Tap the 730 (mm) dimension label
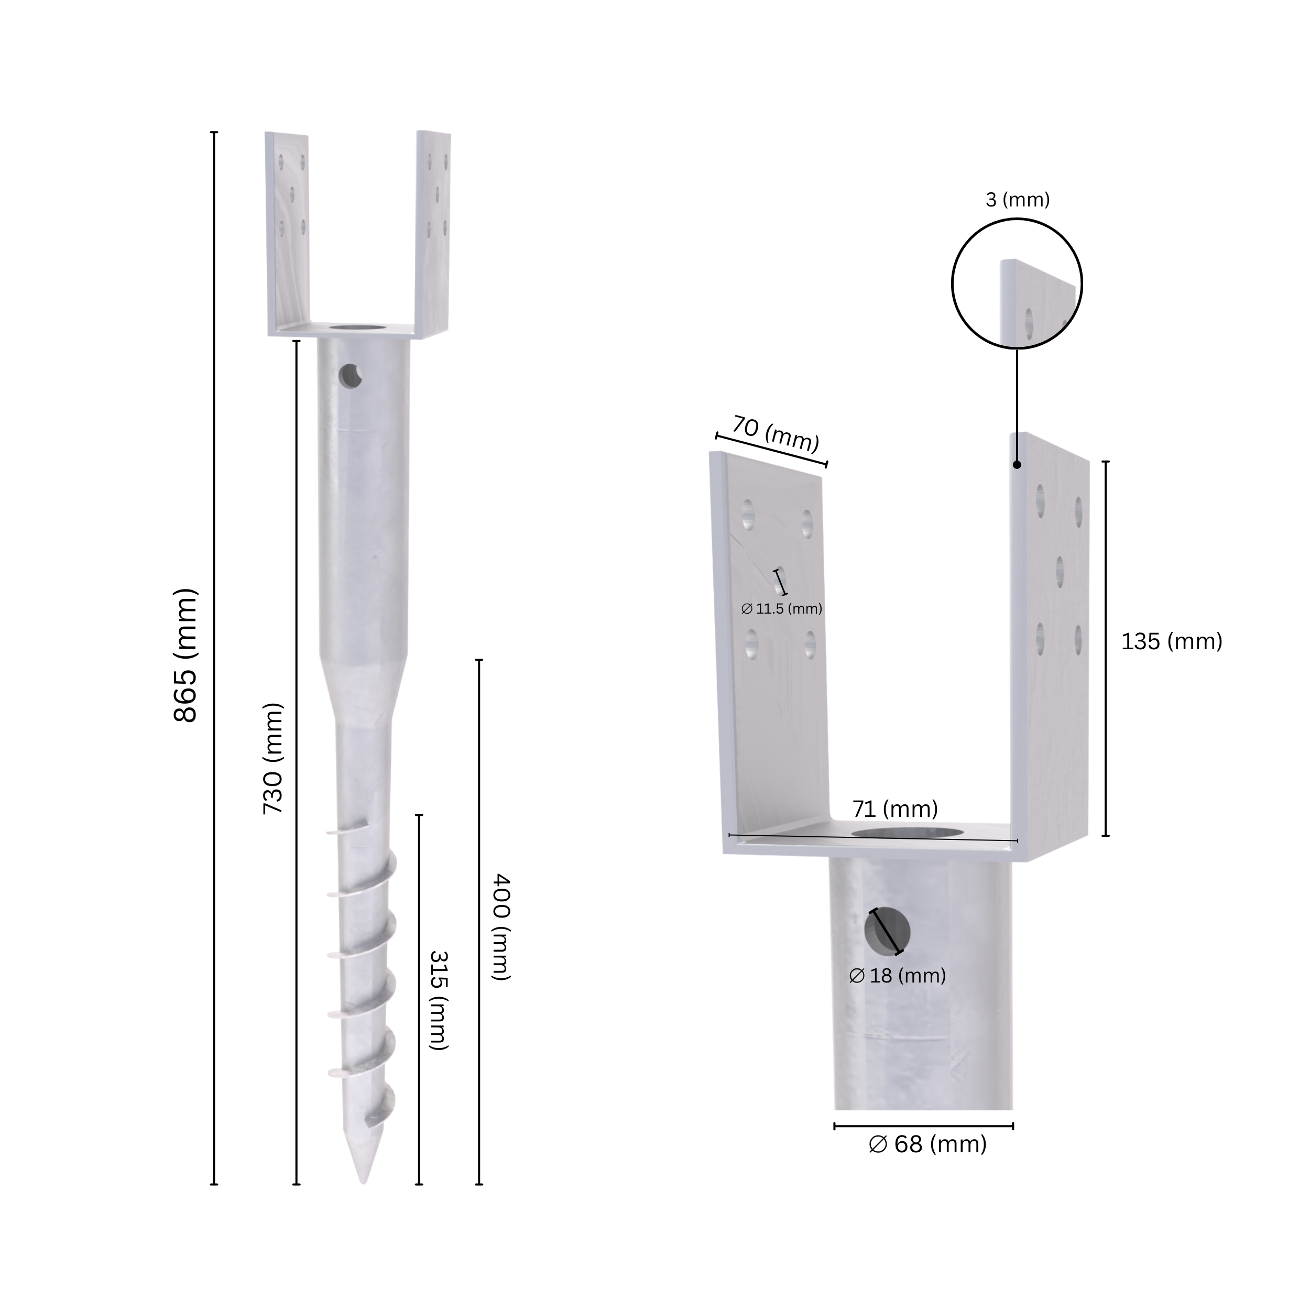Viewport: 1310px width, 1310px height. [x=272, y=759]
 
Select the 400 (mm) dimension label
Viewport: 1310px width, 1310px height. [x=500, y=927]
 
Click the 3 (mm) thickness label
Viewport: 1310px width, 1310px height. [x=1017, y=200]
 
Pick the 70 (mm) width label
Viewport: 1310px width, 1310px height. [x=776, y=434]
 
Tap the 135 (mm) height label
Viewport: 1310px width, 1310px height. [x=1171, y=641]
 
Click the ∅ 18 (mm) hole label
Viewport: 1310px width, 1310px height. [x=897, y=976]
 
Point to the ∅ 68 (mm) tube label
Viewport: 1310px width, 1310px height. [x=927, y=1144]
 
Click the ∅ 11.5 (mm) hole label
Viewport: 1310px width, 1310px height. [x=781, y=609]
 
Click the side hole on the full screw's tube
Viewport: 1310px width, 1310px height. [x=351, y=375]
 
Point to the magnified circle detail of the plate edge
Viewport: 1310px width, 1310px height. [x=1017, y=283]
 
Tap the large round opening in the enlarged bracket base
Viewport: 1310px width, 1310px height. [x=894, y=833]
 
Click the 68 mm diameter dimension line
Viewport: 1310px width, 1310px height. [x=923, y=1126]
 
